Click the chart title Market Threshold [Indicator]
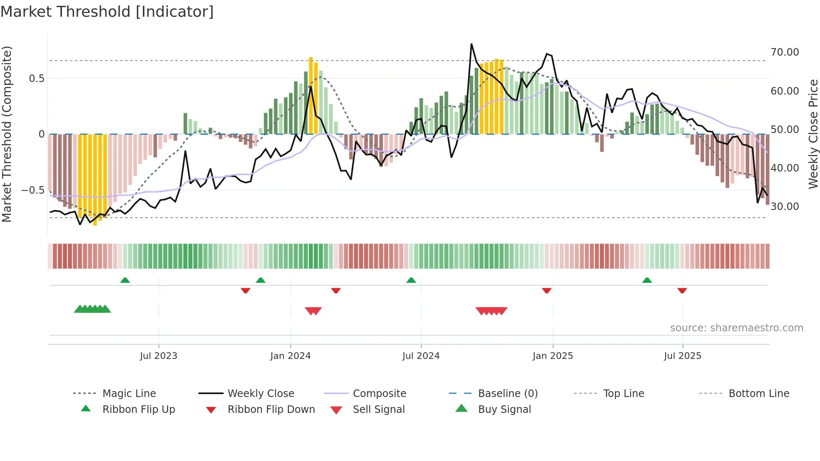coord(107,12)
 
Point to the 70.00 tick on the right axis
coord(784,52)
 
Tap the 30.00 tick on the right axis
coord(784,206)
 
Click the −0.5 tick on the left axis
coord(33,190)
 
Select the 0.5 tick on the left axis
coord(36,78)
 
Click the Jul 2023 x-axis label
coord(159,356)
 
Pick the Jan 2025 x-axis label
coord(553,356)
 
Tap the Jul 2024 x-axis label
coord(421,356)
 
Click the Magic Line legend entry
coord(129,394)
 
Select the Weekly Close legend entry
coord(261,394)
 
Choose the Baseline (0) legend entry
coord(507,394)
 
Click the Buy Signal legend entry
coord(504,410)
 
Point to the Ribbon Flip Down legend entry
coord(271,410)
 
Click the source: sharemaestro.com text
coord(736,328)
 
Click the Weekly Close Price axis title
coord(813,134)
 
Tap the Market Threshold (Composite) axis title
coord(7,134)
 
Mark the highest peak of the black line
coord(471,44)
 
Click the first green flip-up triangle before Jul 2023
coord(125,280)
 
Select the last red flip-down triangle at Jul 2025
coord(682,290)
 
